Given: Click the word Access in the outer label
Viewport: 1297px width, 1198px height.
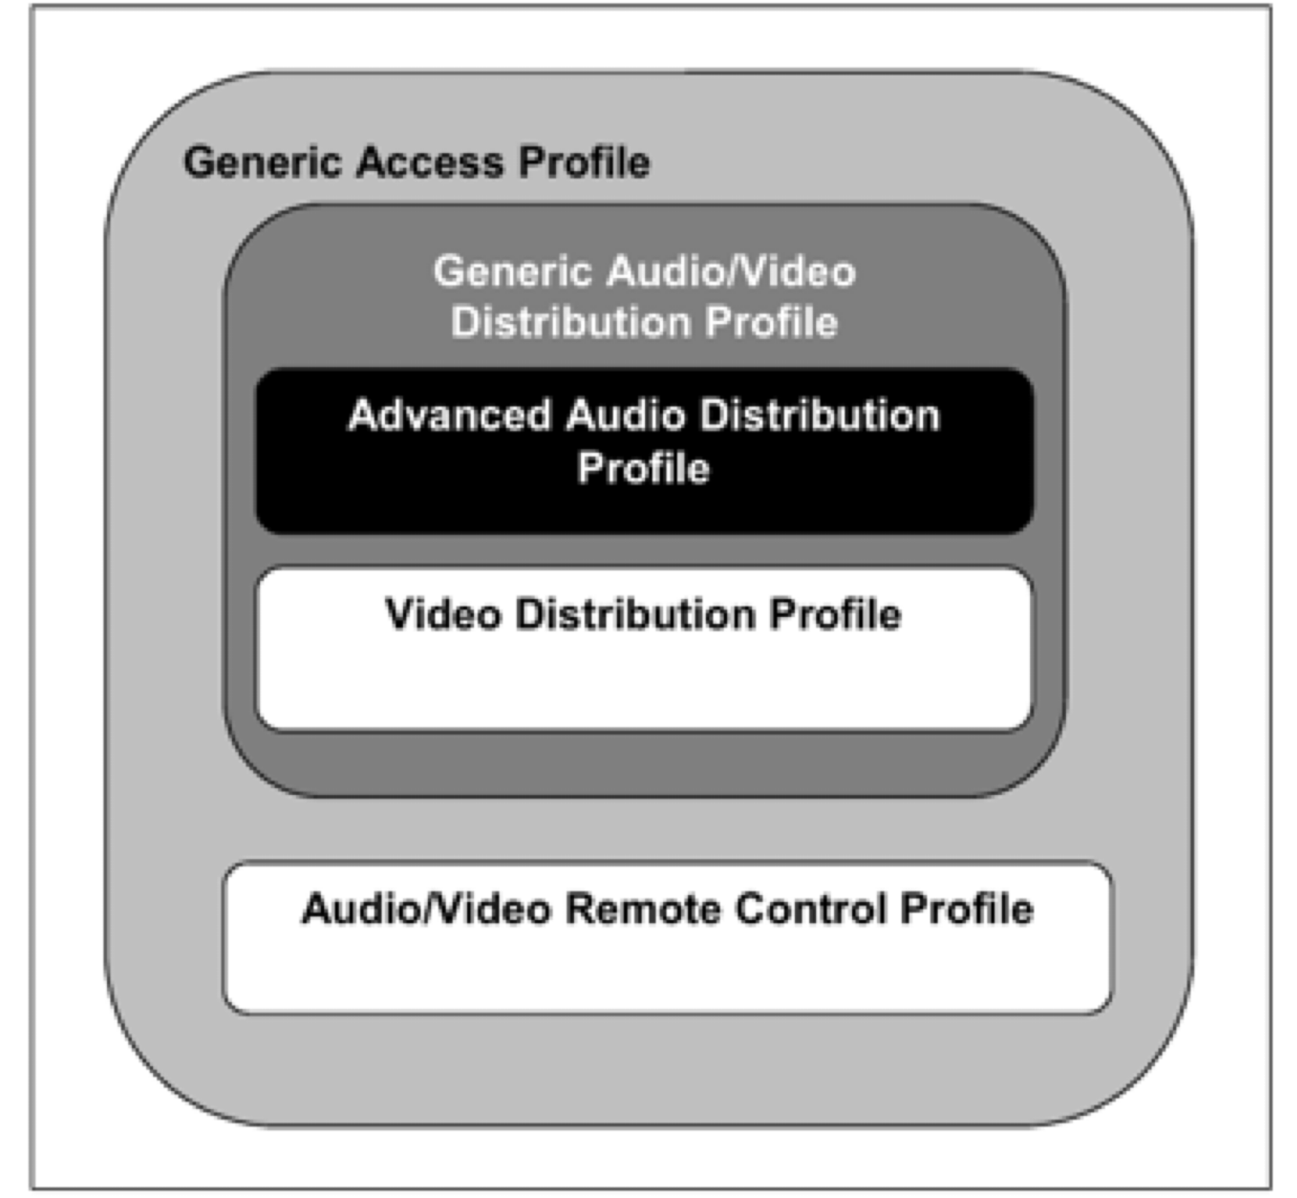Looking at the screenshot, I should (429, 162).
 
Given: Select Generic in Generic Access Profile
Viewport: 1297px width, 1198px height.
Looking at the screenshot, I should (261, 162).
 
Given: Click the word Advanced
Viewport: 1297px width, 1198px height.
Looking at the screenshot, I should (449, 415).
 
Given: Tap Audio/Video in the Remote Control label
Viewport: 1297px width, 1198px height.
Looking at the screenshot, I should (426, 909).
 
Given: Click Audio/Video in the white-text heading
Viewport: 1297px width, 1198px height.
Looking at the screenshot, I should (731, 271).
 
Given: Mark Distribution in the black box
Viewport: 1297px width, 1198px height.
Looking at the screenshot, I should (820, 415).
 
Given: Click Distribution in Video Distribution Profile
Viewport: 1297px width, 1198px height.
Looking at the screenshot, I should (635, 614).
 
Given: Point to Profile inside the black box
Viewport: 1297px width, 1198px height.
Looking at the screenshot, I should (643, 468).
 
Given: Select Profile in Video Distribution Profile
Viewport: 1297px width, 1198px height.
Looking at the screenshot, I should (835, 614).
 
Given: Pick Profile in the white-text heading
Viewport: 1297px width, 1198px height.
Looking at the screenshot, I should (772, 323).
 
